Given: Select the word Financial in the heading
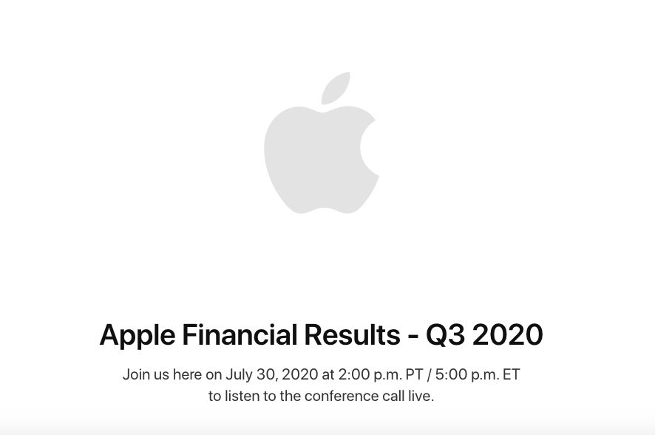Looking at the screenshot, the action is [240, 334].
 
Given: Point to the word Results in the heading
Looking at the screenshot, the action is [352, 334].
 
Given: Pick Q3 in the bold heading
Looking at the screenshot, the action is [445, 335].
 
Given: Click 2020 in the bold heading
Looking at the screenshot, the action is [508, 334].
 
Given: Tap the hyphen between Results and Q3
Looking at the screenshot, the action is [413, 337].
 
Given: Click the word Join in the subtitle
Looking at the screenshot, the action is [136, 374].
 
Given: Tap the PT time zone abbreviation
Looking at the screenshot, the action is [415, 374].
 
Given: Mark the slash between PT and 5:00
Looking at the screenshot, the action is [430, 375].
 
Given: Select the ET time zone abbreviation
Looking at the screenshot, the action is [512, 374].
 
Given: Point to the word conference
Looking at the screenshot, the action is [342, 396].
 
